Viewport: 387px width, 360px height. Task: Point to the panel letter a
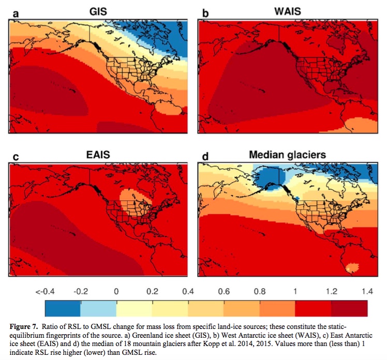point(16,13)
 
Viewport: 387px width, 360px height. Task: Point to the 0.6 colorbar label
point(224,292)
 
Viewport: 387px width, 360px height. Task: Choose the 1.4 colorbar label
point(366,292)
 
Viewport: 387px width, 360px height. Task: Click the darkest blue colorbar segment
point(63,308)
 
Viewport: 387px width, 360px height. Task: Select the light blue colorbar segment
point(98,308)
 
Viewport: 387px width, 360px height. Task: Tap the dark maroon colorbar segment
point(349,308)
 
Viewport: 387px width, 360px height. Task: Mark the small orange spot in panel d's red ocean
point(352,267)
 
